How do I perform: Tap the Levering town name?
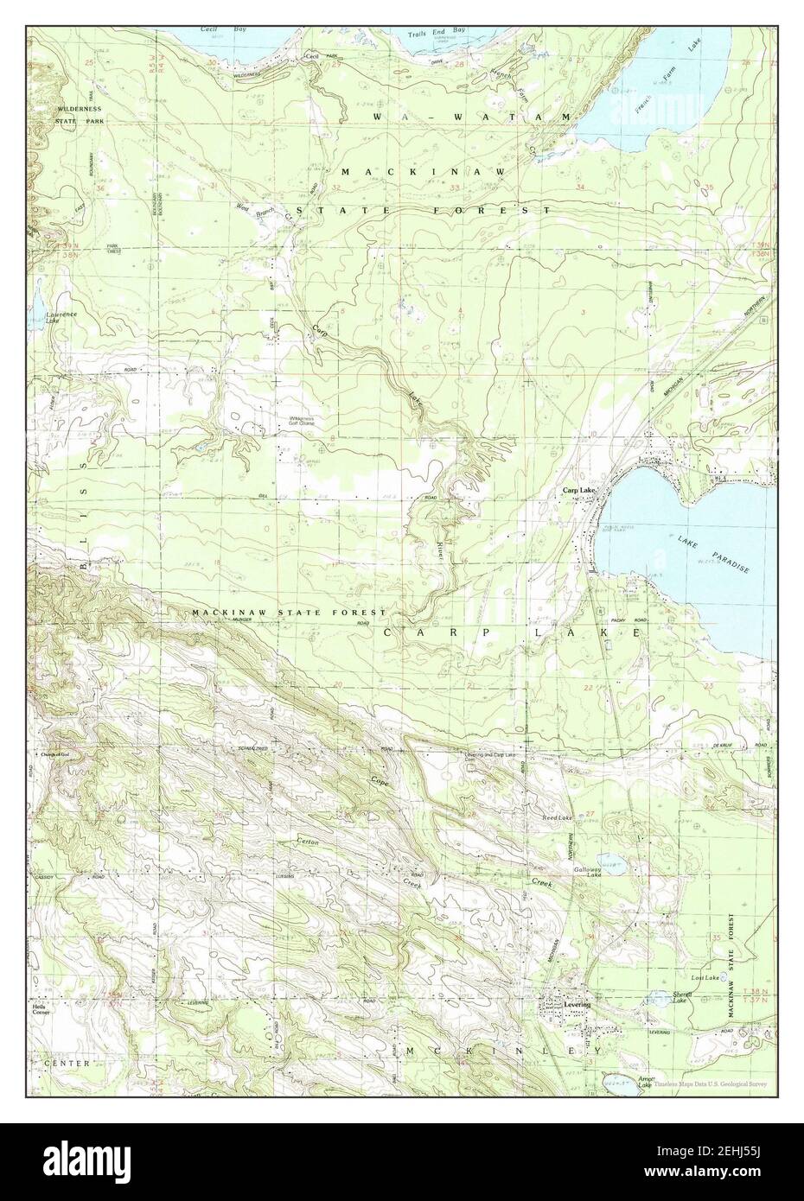pyautogui.click(x=577, y=1005)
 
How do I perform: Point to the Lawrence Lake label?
pyautogui.click(x=61, y=317)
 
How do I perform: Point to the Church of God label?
pyautogui.click(x=59, y=754)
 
